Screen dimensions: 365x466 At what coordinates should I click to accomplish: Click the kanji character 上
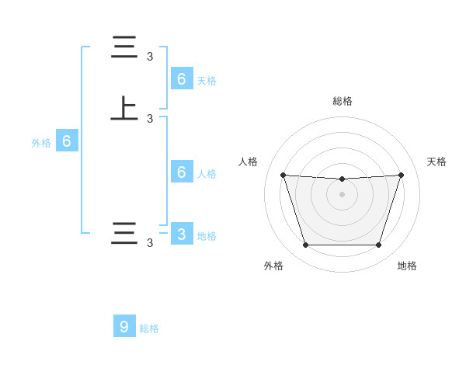[x=124, y=108]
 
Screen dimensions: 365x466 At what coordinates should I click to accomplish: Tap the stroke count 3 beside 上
[x=150, y=119]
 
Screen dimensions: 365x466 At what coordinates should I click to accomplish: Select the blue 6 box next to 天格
[x=182, y=78]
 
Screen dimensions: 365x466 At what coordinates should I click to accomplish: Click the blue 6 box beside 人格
[x=182, y=172]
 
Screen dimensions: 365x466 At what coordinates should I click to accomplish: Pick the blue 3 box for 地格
[x=182, y=235]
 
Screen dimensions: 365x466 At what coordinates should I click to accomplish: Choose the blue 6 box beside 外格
[x=67, y=141]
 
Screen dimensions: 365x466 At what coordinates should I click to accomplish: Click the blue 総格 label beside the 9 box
[x=149, y=328]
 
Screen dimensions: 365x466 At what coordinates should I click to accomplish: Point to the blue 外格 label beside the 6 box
[x=40, y=143]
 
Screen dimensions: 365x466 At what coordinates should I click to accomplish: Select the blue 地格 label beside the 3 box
[x=207, y=236]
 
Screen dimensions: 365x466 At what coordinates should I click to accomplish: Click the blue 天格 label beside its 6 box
[x=207, y=80]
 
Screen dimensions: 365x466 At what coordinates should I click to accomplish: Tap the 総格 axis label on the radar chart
[x=342, y=101]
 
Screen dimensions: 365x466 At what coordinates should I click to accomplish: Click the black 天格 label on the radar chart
[x=436, y=162]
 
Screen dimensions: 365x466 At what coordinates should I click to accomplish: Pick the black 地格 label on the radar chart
[x=407, y=266]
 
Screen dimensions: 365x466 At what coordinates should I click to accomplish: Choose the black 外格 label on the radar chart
[x=273, y=266]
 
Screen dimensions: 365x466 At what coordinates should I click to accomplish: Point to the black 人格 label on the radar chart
[x=249, y=162]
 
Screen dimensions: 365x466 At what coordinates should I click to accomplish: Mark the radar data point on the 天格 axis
[x=401, y=175]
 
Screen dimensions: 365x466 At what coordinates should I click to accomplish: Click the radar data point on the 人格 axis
[x=283, y=175]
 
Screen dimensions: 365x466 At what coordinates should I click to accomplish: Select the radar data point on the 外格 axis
[x=305, y=245]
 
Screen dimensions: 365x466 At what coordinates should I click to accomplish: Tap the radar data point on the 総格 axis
[x=342, y=179]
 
